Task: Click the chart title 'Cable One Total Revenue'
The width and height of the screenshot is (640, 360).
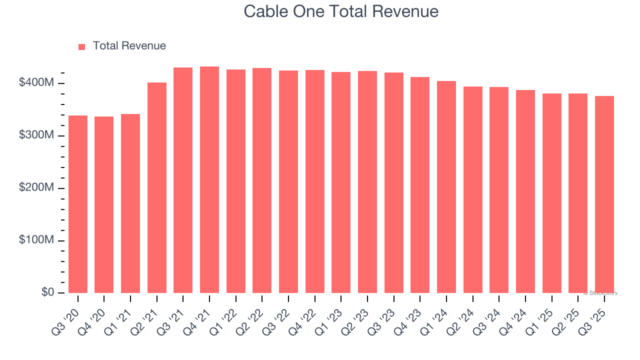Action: [341, 11]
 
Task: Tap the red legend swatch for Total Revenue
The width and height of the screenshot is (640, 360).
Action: [82, 46]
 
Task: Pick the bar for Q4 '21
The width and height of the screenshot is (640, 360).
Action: [209, 179]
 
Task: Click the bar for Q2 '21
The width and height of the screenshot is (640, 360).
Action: [157, 187]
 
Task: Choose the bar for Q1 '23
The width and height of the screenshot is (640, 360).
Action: [341, 182]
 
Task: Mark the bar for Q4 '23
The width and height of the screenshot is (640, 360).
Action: [420, 185]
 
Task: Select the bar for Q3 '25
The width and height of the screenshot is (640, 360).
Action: [604, 194]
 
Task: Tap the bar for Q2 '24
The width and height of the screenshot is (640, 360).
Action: [473, 189]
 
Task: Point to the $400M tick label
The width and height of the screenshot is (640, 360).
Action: [36, 83]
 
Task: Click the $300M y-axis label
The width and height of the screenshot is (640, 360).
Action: [36, 135]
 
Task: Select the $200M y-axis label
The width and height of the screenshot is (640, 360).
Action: [36, 188]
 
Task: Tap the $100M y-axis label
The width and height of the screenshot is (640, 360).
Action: [36, 240]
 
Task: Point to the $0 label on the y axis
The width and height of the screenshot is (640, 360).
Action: [47, 292]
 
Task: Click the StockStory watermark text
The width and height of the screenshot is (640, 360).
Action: [600, 293]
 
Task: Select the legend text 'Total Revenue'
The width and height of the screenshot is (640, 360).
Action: [129, 46]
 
